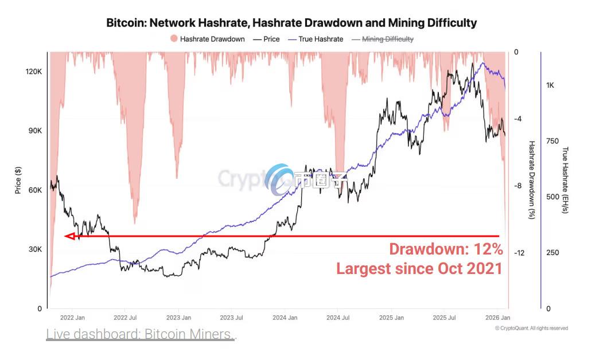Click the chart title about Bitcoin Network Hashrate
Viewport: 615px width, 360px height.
[x=291, y=23]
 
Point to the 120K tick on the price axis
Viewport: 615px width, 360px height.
[x=34, y=72]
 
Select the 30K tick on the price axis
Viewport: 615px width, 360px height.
[x=36, y=249]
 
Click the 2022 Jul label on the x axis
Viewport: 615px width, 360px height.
[x=124, y=317]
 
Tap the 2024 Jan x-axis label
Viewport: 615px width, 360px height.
[x=284, y=317]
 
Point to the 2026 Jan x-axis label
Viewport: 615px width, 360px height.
[x=497, y=317]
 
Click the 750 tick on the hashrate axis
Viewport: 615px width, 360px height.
[x=551, y=141]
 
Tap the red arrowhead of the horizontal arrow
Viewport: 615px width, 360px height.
[x=71, y=236]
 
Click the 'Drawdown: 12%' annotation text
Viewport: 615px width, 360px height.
[x=446, y=249]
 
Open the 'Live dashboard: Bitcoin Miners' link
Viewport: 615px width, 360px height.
[x=141, y=334]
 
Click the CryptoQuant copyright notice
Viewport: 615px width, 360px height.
[x=531, y=328]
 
